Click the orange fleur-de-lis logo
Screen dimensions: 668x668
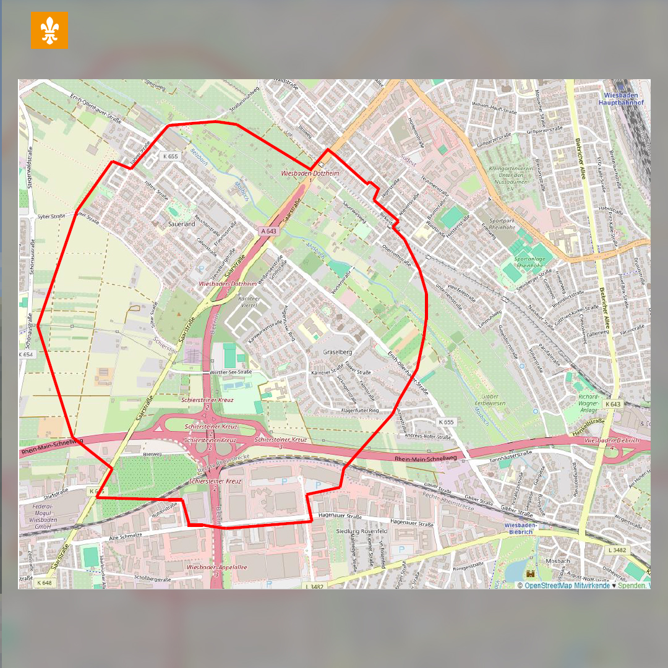click(x=49, y=30)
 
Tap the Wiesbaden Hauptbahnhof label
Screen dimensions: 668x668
click(x=622, y=98)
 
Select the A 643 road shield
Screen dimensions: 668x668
click(x=268, y=231)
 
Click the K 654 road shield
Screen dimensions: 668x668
click(x=26, y=354)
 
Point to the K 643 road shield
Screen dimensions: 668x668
click(x=612, y=404)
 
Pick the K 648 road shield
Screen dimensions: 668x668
click(x=44, y=583)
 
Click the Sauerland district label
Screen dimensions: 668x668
click(x=181, y=224)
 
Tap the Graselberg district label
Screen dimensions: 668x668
click(x=337, y=352)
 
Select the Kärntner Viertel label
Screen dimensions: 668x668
click(x=247, y=301)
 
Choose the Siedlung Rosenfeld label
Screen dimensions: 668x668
click(x=361, y=531)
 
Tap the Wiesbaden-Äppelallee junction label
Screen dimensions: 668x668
click(x=208, y=567)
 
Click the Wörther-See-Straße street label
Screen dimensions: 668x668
click(x=231, y=372)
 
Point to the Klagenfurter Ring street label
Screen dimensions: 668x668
click(x=368, y=410)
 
